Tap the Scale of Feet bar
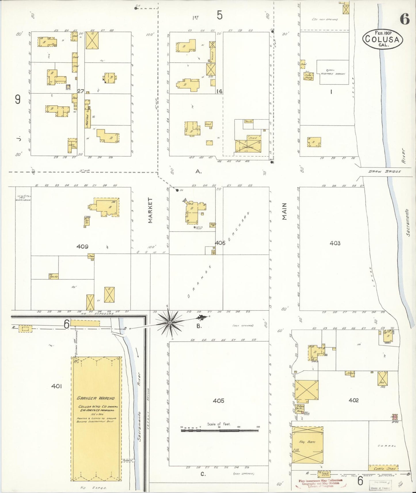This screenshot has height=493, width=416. click(x=220, y=431)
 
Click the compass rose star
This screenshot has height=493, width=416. click(x=170, y=323)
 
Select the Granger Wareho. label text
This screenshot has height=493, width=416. click(x=96, y=398)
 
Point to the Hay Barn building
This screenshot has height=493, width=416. click(x=307, y=442)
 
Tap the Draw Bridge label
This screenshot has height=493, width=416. click(x=385, y=171)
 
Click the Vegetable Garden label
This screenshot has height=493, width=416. click(x=333, y=74)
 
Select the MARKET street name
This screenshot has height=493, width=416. click(x=150, y=210)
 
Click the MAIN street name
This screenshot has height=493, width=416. click(x=284, y=211)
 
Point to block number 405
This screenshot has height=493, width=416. click(x=219, y=400)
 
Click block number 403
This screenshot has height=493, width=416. click(x=335, y=243)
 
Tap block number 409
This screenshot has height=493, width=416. click(x=82, y=246)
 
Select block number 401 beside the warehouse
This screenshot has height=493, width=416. click(x=56, y=386)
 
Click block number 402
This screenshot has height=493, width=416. click(x=354, y=400)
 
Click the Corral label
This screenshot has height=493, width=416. click(x=387, y=446)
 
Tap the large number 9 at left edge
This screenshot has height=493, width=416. click(x=18, y=100)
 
